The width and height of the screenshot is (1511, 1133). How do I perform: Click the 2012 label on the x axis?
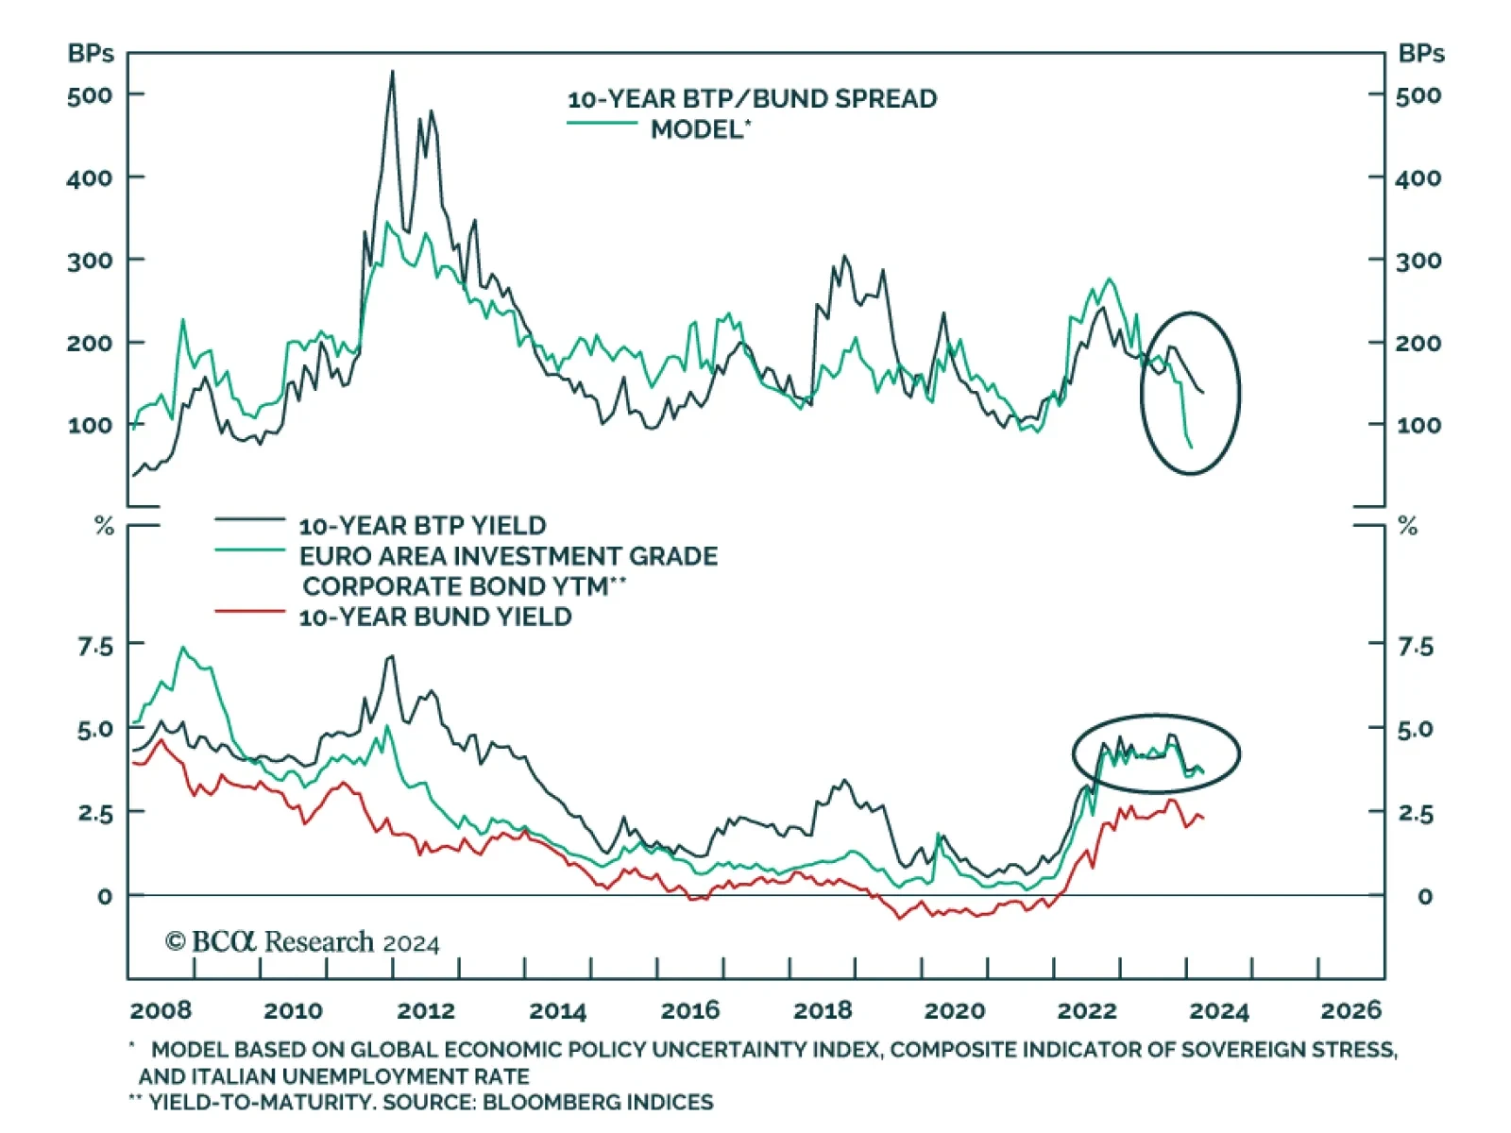(x=425, y=1010)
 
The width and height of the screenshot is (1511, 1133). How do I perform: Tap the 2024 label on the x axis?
(x=1218, y=1011)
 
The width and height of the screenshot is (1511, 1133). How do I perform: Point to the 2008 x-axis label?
(x=161, y=1010)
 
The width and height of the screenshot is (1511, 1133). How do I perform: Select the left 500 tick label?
(x=90, y=95)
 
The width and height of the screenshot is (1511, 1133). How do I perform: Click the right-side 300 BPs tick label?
(x=1418, y=261)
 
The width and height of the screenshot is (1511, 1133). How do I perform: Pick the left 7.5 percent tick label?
(x=94, y=647)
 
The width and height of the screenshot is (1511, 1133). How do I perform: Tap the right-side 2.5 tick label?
(x=1416, y=813)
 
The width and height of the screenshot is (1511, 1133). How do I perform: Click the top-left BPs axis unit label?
(x=91, y=54)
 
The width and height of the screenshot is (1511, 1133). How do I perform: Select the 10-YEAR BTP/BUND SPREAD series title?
(x=752, y=99)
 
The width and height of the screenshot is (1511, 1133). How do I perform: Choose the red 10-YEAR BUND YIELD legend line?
(x=249, y=612)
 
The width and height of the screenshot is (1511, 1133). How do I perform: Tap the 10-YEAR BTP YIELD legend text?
(x=422, y=526)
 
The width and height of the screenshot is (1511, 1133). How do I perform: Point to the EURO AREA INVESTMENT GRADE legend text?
(x=508, y=556)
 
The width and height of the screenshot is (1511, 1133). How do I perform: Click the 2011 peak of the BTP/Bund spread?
(x=393, y=73)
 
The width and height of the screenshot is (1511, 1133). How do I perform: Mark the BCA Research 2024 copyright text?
(x=302, y=942)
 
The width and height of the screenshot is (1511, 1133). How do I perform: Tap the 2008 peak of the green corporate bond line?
(x=182, y=649)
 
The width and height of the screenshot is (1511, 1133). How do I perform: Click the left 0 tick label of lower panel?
(x=104, y=896)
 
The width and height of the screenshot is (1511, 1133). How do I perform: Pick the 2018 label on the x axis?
(x=822, y=1010)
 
